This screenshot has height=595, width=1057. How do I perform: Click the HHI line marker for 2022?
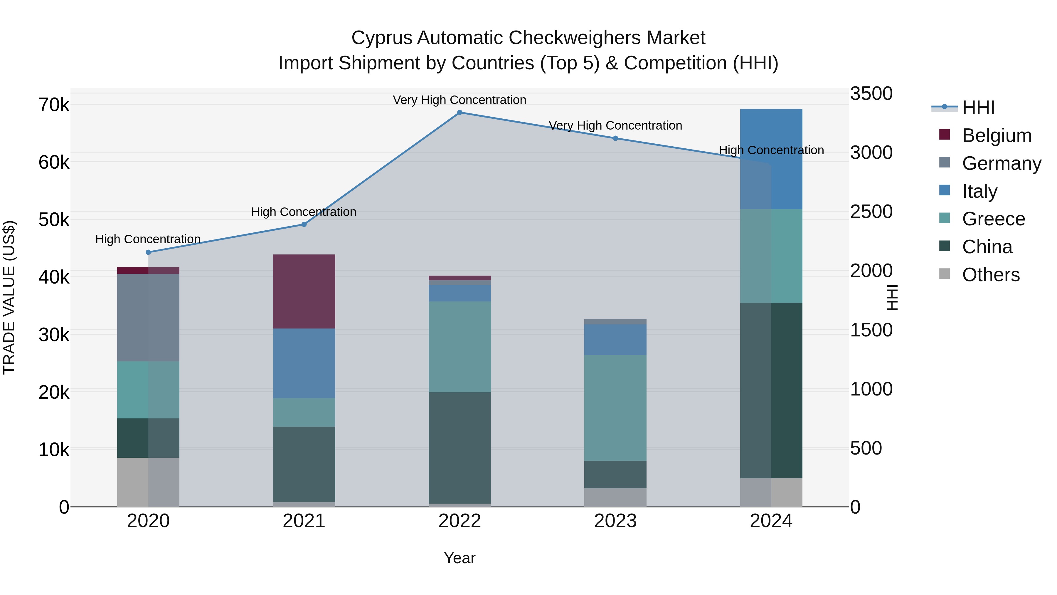pos(460,113)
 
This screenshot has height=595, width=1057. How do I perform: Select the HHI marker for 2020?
pos(149,252)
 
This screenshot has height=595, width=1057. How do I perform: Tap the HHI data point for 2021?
pos(304,224)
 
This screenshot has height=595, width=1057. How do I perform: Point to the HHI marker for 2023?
pos(615,138)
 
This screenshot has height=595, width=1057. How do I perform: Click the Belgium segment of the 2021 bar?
pos(304,291)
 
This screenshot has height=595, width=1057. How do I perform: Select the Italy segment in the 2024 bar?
pos(771,159)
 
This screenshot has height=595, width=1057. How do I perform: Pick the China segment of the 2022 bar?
pos(460,447)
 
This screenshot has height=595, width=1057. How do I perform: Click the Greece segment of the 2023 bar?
pos(615,408)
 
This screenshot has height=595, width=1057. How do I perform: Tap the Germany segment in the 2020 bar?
pos(149,317)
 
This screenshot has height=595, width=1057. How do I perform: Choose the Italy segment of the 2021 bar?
pos(304,363)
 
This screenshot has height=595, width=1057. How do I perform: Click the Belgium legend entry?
pos(996,135)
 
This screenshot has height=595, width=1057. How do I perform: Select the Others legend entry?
pos(991,275)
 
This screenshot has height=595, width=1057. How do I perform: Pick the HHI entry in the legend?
pos(978,108)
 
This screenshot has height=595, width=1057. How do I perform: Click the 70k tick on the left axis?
pos(54,105)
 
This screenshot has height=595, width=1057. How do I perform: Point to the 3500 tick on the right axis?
pos(871,94)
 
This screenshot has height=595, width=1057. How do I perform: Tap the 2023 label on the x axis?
pos(615,521)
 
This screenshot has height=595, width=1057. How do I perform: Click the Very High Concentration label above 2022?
pos(460,100)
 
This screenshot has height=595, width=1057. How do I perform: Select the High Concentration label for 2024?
pos(771,150)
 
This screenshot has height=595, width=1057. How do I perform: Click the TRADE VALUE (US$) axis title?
pos(9,297)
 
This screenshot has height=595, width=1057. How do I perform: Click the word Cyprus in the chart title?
pos(382,38)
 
